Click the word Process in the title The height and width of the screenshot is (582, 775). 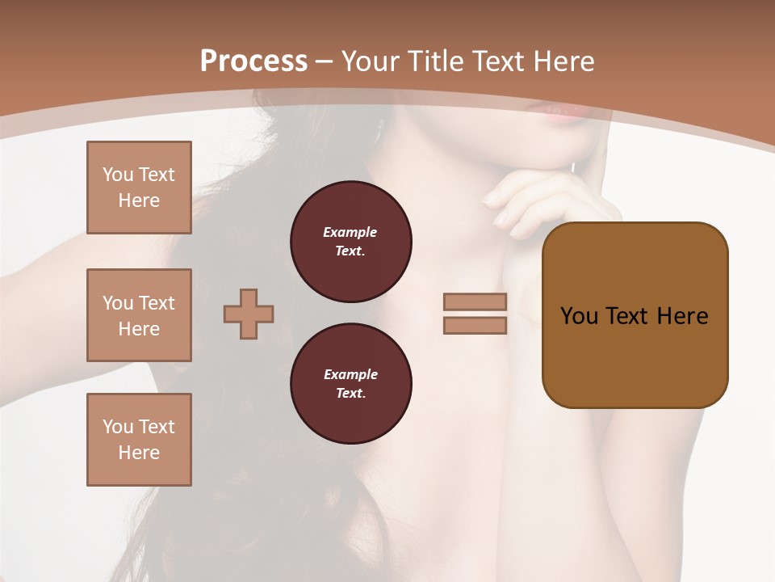[x=253, y=61]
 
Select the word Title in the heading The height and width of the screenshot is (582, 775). [x=433, y=61]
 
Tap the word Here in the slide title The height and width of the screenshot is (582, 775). [x=560, y=61]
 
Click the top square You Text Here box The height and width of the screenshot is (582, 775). [x=139, y=188]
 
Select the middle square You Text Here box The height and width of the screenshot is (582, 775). [x=139, y=315]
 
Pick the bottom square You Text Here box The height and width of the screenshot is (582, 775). [x=139, y=440]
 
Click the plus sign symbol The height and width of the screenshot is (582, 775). [x=249, y=314]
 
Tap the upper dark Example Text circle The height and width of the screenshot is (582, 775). [x=351, y=242]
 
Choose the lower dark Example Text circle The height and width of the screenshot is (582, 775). [x=351, y=384]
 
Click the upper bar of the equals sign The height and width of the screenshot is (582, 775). [x=475, y=302]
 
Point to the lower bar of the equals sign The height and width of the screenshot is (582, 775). [x=475, y=325]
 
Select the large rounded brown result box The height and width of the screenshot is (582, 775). [x=635, y=356]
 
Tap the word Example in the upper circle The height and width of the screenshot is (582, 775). [x=350, y=233]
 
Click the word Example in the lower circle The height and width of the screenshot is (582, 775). [x=350, y=375]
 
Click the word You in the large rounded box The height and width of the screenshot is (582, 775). [x=578, y=316]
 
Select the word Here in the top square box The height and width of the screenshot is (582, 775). [x=139, y=200]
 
